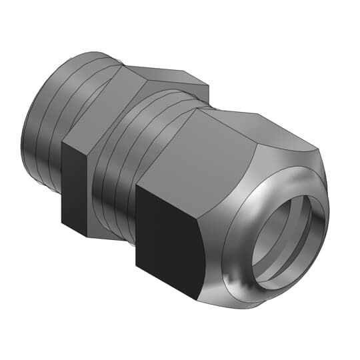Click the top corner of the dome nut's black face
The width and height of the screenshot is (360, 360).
coord(137,186)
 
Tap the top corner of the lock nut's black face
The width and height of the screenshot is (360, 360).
coord(63,141)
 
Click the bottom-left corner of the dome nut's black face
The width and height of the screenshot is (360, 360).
coord(137,265)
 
